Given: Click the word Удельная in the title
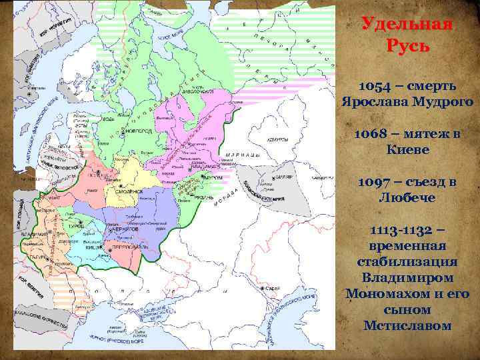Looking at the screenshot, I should tap(407, 25).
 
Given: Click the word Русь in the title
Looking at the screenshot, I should tap(407, 47).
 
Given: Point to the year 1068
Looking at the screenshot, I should tap(374, 135).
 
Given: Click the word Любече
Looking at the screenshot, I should tap(407, 198).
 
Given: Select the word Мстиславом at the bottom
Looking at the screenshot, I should tap(407, 326).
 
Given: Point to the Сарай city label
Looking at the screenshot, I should tap(273, 289).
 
